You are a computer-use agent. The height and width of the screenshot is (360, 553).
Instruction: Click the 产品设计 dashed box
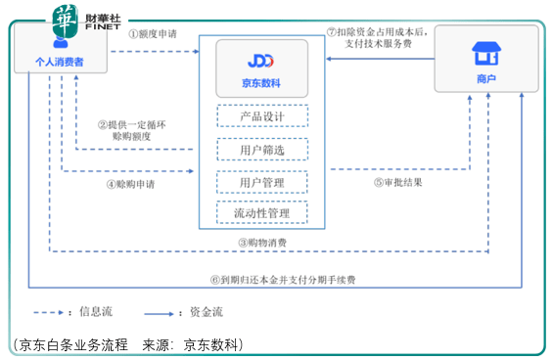coord(260,117)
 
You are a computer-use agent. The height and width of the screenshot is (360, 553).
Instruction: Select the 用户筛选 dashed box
coord(260,150)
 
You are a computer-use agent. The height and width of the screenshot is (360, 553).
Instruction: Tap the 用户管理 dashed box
coord(260,182)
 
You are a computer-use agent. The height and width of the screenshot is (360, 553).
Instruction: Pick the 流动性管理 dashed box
coord(260,212)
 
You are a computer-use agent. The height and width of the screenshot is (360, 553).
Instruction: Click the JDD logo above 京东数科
coord(260,61)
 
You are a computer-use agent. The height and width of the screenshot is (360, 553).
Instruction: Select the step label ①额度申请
coord(155,33)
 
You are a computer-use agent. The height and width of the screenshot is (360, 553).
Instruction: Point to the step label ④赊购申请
coord(131,184)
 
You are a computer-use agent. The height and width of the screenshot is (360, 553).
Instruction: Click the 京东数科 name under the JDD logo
coord(260,84)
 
